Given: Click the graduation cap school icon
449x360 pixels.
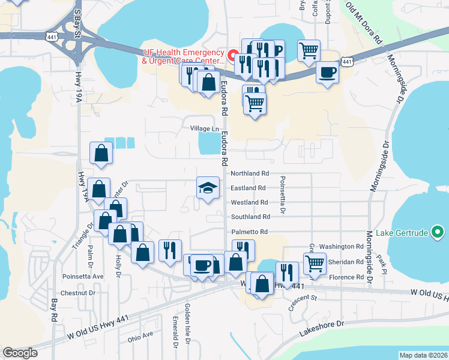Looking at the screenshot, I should click(x=208, y=188).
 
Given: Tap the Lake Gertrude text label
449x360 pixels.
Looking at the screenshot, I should click(x=401, y=233).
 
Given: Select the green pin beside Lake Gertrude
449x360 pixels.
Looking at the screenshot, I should click(x=438, y=232).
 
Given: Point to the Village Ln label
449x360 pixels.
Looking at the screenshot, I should click(x=204, y=129).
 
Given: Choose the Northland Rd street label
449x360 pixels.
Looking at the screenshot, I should click(x=250, y=173).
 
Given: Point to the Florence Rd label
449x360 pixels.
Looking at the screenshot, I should click(x=346, y=277).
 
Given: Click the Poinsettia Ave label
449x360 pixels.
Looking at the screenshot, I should click(x=83, y=277).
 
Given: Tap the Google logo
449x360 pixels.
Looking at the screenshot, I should click(x=20, y=353).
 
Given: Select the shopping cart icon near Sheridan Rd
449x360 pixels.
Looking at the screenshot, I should click(x=315, y=262).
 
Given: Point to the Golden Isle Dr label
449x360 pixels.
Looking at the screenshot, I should click(x=188, y=331).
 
